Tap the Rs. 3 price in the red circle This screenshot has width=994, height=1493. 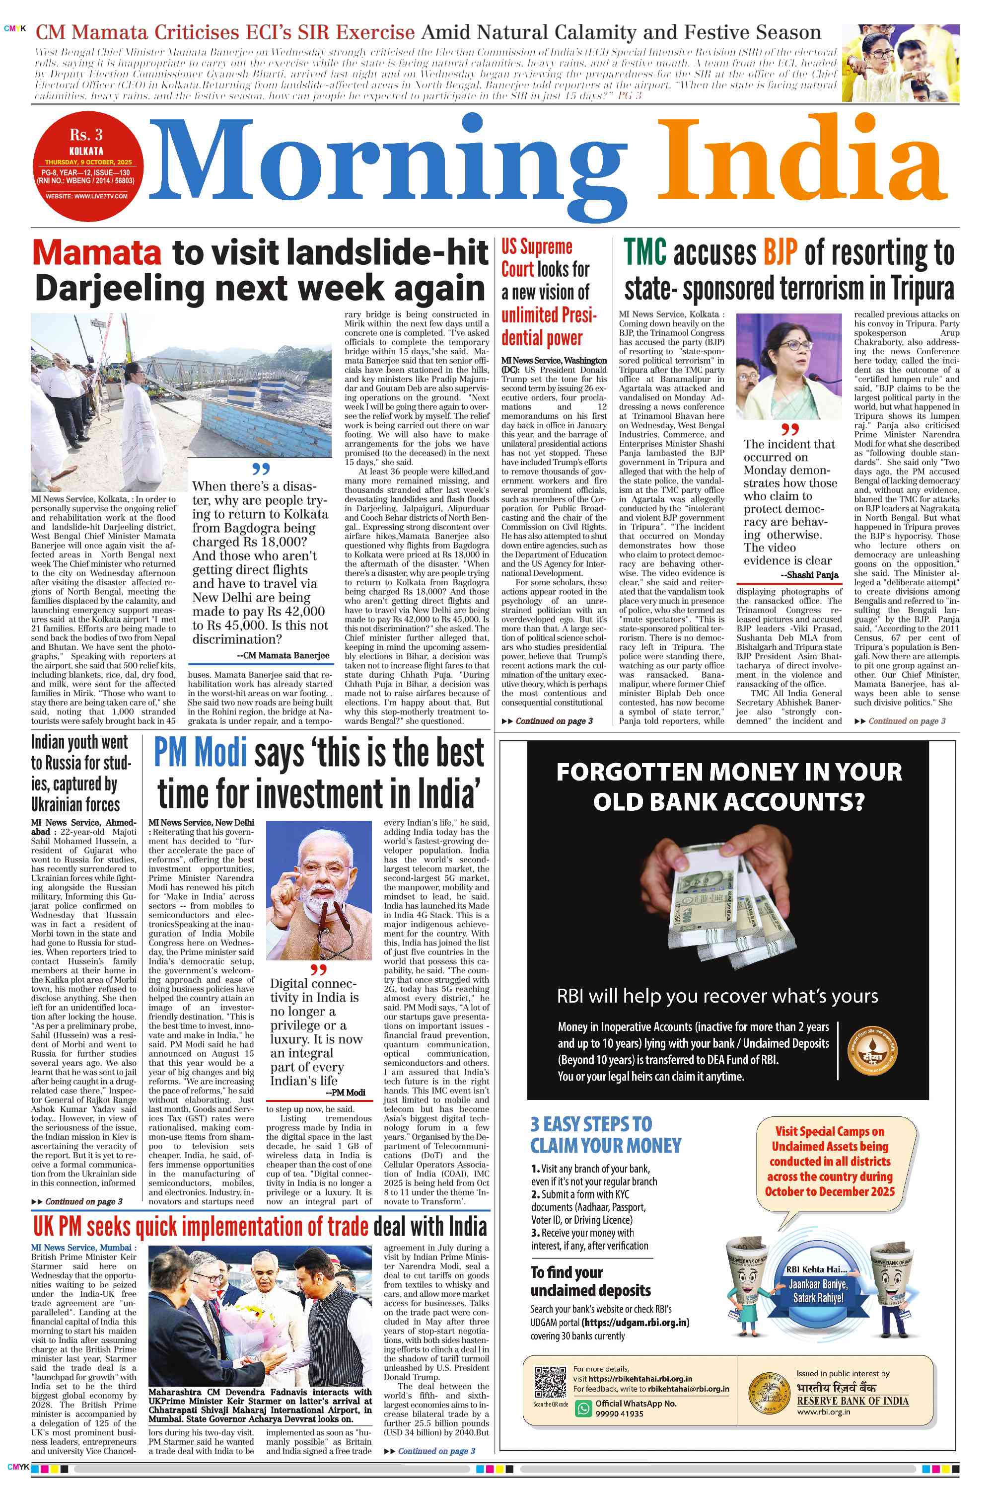86,135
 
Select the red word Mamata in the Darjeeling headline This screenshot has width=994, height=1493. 97,252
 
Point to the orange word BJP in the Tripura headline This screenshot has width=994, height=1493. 780,252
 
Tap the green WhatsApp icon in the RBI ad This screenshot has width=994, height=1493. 582,1409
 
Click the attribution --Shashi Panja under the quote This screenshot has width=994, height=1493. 809,575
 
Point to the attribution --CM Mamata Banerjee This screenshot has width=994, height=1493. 283,655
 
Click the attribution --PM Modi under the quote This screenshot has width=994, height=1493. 345,1092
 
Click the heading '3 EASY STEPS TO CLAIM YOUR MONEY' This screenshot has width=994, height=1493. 605,1134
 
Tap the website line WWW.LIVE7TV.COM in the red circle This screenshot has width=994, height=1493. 86,196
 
